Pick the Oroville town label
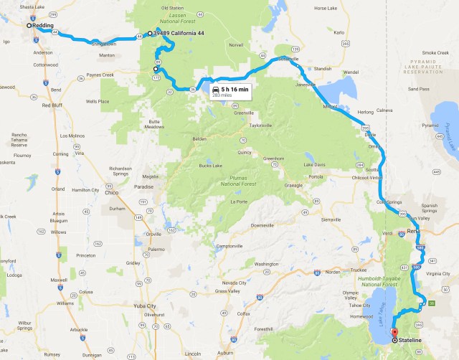click(153, 234)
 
